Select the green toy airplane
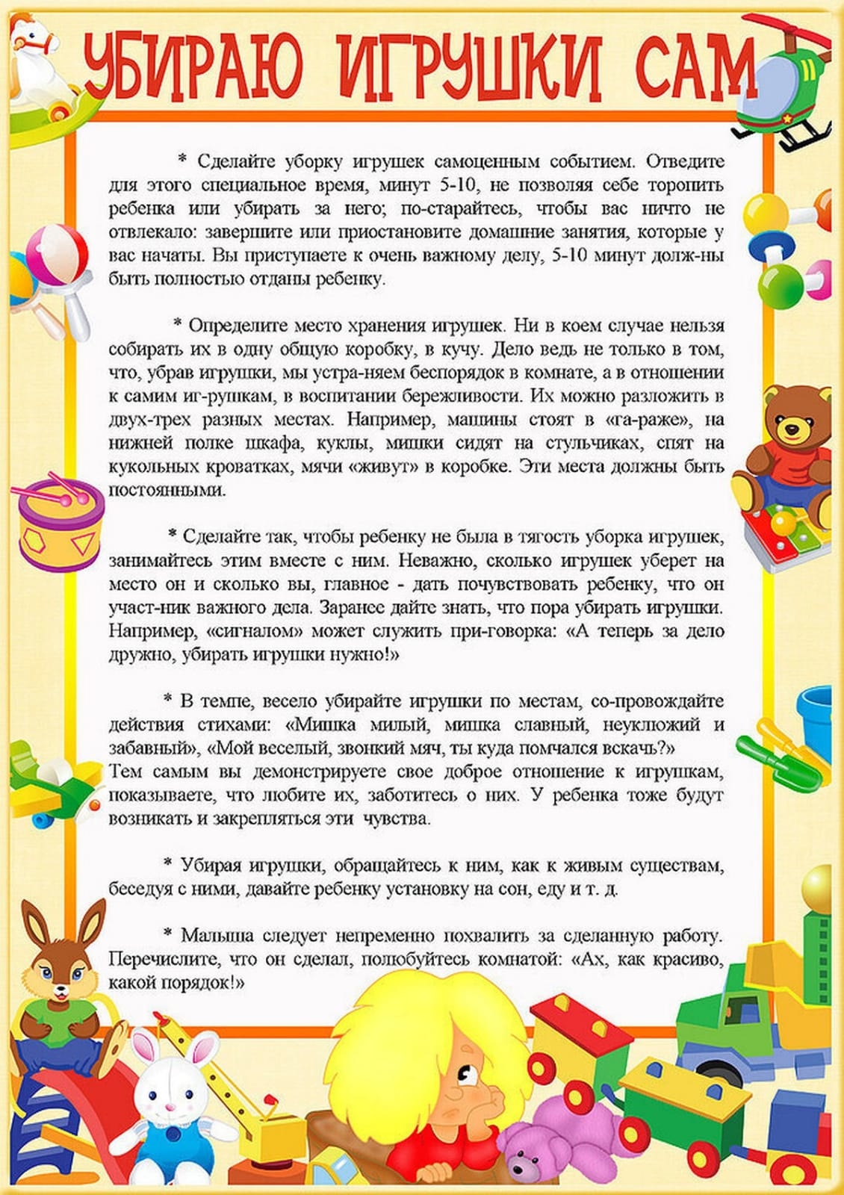click(52, 784)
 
